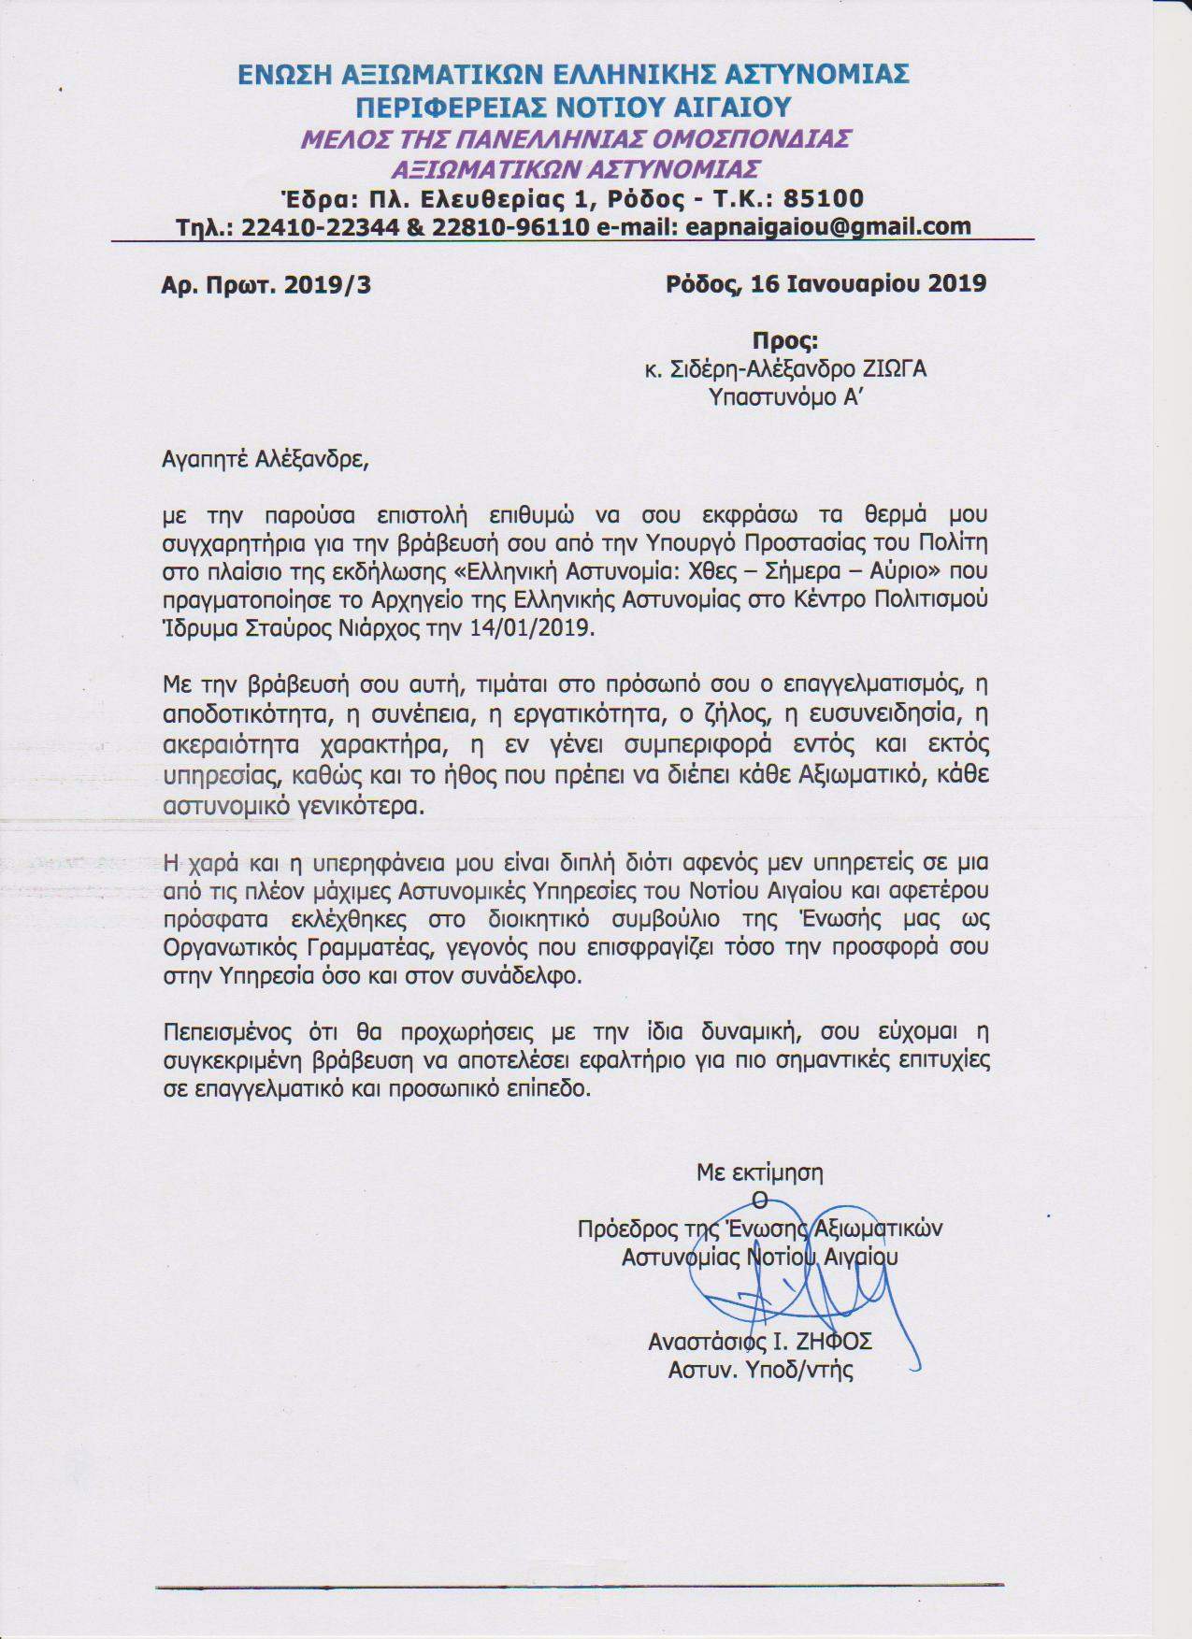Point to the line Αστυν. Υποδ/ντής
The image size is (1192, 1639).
tap(760, 1370)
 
